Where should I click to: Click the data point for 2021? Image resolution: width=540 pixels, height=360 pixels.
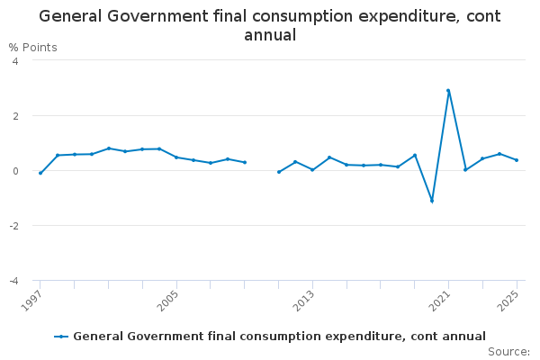448,90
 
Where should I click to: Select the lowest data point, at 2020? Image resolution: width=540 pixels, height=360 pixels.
431,201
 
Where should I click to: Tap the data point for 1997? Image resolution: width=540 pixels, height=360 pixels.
40,173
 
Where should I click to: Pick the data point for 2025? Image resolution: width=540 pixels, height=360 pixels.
517,160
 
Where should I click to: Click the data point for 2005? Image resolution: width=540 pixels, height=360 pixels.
176,157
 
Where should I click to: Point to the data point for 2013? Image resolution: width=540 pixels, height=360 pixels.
312,169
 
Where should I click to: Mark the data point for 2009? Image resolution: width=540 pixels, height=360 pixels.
245,162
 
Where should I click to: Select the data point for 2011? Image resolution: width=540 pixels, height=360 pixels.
279,172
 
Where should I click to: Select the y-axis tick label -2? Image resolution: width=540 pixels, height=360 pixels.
13,226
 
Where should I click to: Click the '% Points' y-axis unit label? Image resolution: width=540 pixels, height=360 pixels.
32,47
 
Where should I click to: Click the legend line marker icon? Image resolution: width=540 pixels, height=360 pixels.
61,337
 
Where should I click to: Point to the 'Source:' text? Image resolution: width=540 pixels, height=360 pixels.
508,351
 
